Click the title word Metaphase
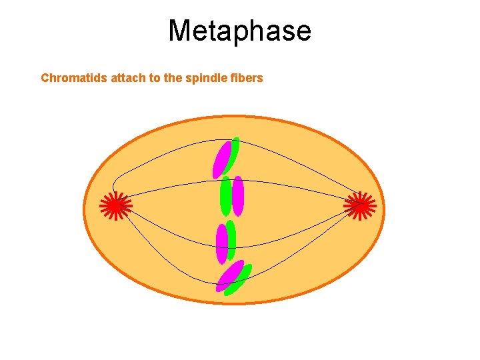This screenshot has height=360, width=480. click(x=239, y=31)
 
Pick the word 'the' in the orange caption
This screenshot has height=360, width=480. click(x=173, y=78)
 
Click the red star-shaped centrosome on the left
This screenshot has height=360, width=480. click(x=116, y=206)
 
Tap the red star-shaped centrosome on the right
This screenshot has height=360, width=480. click(x=360, y=206)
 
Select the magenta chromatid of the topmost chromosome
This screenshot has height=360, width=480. click(x=221, y=160)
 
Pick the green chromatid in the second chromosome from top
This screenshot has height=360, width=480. click(x=226, y=195)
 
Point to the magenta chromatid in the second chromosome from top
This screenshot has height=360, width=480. click(x=238, y=195)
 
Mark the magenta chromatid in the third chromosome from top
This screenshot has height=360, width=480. click(x=222, y=244)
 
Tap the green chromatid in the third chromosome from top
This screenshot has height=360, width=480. click(x=231, y=239)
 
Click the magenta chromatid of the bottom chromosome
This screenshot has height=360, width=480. click(x=229, y=276)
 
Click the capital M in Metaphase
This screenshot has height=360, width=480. click(x=181, y=31)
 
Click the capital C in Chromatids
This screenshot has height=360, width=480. click(x=45, y=78)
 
